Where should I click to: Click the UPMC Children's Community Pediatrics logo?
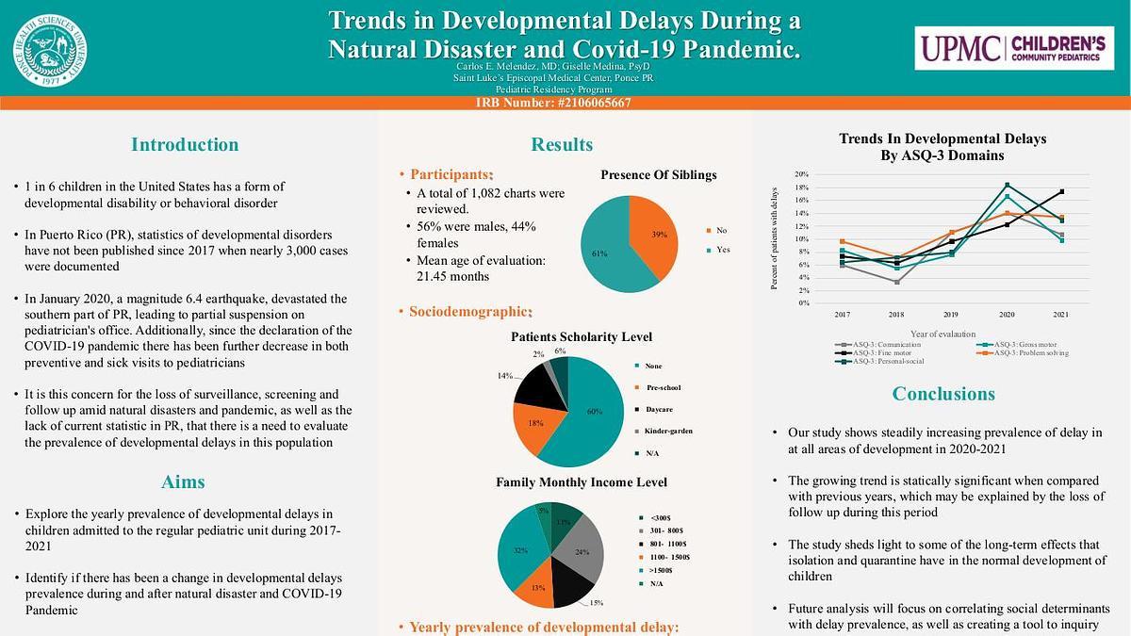click(x=1012, y=48)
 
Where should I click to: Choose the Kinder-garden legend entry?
click(x=670, y=431)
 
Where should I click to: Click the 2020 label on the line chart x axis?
click(x=1007, y=315)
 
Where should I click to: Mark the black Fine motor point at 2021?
click(x=1062, y=192)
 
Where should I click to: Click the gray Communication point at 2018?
click(x=896, y=282)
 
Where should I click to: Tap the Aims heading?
click(x=184, y=482)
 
